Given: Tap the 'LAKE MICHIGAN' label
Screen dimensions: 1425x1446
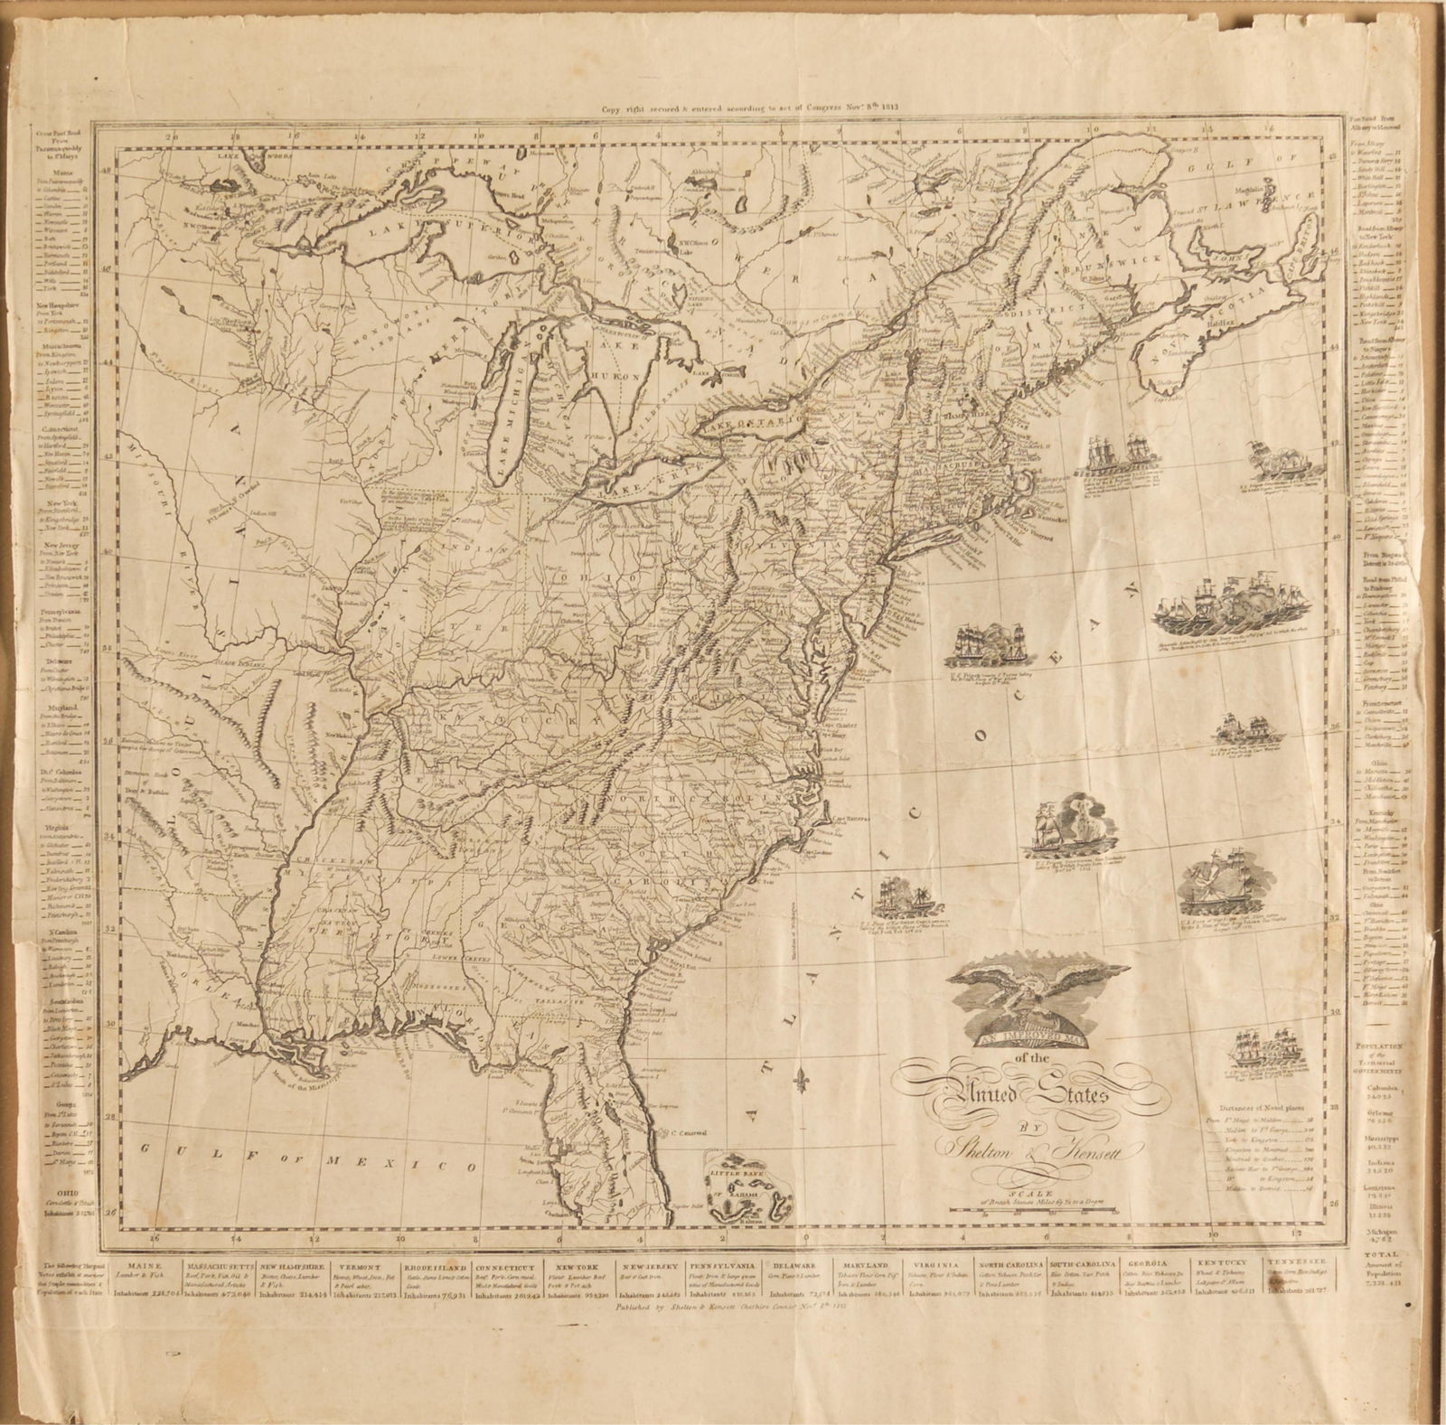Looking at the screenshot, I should click(x=513, y=415).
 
